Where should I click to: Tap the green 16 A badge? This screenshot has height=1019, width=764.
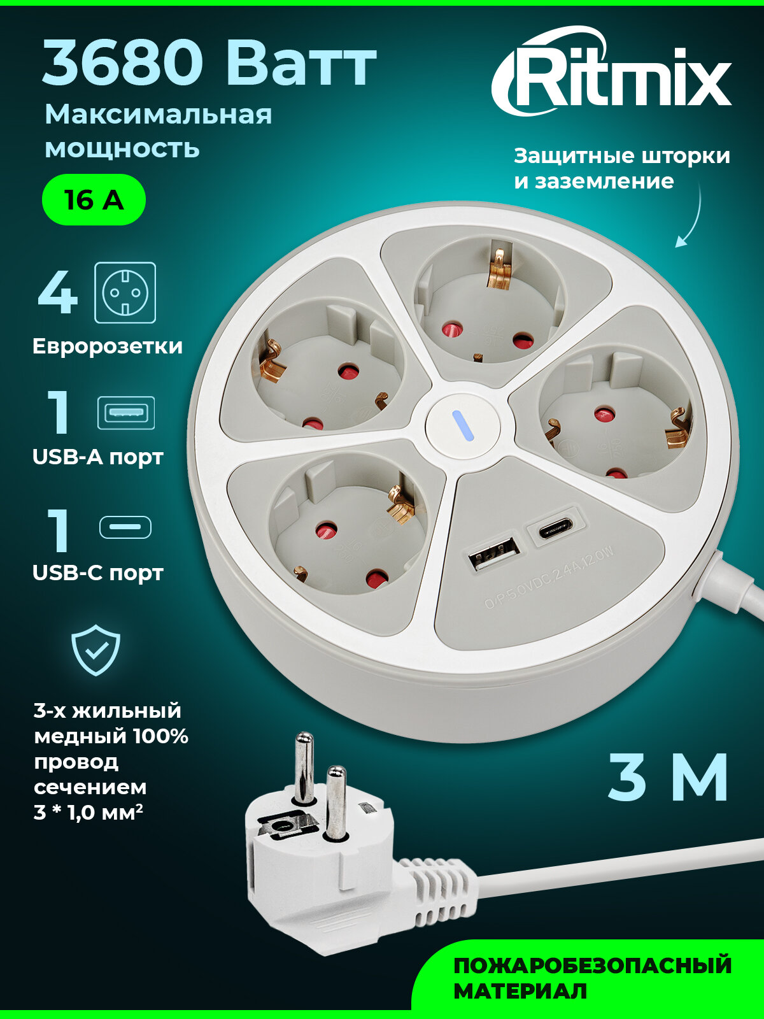94,200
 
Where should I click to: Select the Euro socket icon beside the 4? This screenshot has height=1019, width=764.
125,292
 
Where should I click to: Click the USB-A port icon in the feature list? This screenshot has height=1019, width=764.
125,413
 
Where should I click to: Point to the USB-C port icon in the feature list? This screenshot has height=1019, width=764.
125,527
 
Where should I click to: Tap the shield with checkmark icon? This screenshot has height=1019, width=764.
95,650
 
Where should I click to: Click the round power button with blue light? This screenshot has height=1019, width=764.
462,426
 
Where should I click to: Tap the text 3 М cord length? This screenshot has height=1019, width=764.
668,778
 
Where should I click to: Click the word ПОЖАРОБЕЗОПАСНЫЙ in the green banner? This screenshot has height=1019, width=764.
592,966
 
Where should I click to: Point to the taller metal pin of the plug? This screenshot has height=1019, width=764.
304,767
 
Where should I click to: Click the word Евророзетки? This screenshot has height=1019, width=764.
107,346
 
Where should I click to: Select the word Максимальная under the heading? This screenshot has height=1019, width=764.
158,115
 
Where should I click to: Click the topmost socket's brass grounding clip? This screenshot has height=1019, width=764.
499,267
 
